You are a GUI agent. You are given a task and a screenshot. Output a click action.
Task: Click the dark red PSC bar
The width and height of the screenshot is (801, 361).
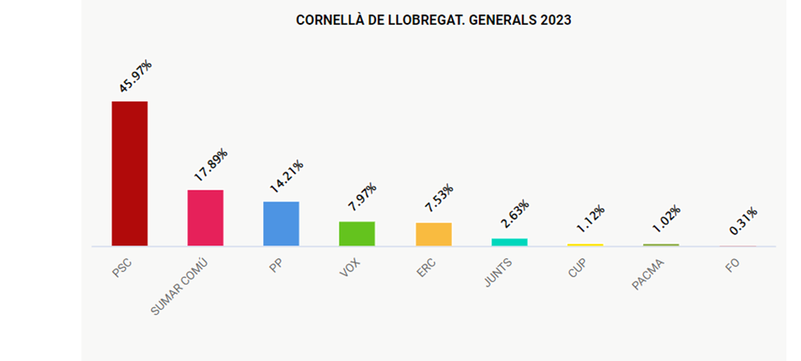coord(129,174)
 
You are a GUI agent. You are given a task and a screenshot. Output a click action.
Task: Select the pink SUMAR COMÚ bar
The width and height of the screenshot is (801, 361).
coord(205,218)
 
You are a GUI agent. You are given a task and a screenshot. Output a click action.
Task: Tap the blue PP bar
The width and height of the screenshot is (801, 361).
coord(281,224)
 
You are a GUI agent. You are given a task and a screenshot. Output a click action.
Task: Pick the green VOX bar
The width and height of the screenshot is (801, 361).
coord(357,233)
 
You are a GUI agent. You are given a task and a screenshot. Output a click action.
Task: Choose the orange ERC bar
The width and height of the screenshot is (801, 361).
coord(434,234)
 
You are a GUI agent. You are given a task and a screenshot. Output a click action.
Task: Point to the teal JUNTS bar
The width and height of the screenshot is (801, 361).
coord(509,241)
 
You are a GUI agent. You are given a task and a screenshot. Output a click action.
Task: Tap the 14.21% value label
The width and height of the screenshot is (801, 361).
coord(287,177)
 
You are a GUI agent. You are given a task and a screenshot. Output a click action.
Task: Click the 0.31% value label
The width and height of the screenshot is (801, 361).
coord(744,222)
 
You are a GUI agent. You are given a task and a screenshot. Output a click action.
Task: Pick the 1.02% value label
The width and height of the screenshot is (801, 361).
coord(667,220)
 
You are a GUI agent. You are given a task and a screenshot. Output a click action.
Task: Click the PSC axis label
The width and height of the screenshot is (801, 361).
coord(121,268)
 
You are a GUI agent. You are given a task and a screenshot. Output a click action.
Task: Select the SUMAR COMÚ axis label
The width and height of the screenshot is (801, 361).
coord(183,285)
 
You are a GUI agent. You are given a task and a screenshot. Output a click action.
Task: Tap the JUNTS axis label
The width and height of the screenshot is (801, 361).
coord(499,273)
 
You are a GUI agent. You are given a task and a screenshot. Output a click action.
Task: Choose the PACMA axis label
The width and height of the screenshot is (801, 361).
coord(648,275)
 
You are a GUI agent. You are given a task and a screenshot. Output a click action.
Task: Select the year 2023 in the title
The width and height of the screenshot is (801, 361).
coord(556,21)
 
